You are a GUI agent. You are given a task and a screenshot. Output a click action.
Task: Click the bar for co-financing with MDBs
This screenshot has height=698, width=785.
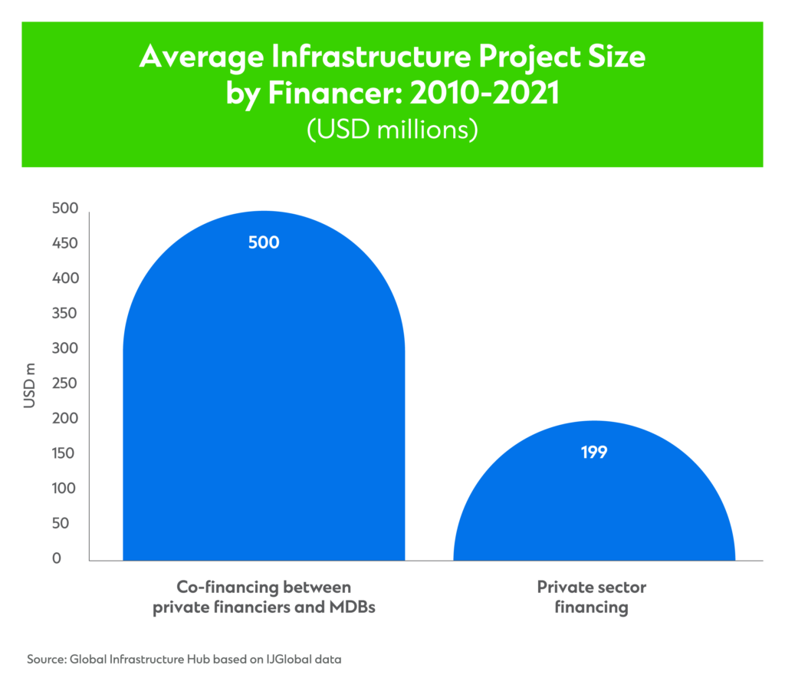click(x=264, y=399)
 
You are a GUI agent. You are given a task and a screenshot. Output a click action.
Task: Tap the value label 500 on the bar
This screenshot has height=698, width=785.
click(x=264, y=242)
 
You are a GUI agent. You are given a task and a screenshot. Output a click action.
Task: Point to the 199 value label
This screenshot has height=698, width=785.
click(x=594, y=453)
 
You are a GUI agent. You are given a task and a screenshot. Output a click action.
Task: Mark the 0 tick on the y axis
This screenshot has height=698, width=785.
click(x=56, y=558)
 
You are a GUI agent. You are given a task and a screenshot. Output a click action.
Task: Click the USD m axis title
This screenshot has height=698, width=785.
click(x=30, y=384)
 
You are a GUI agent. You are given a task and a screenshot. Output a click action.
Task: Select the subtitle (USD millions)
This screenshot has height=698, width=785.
click(x=392, y=129)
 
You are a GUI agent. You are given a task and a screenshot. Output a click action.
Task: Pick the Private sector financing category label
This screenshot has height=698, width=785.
click(x=591, y=598)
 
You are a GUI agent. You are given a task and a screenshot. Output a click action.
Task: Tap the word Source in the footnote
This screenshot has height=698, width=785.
click(x=46, y=659)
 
